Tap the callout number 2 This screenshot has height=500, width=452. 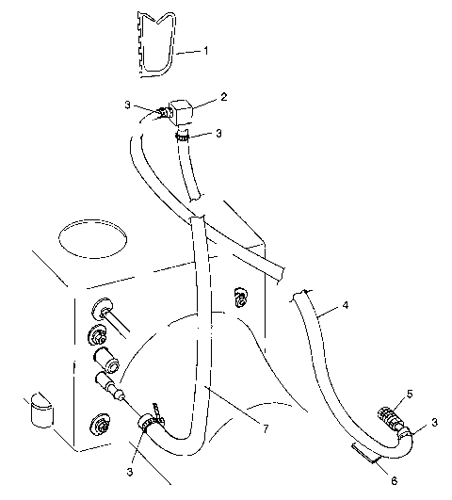(224, 96)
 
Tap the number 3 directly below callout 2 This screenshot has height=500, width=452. (218, 134)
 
